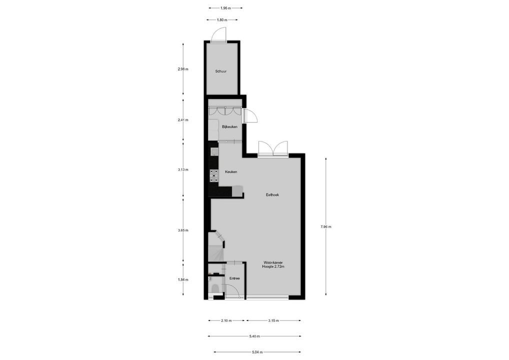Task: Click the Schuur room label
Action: [x=221, y=71]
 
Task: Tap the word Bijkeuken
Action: [x=229, y=127]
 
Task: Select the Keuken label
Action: [x=230, y=171]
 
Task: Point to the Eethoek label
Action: [x=272, y=194]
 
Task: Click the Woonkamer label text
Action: [x=273, y=262]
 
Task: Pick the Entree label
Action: [x=234, y=278]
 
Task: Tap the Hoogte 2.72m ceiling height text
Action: [x=273, y=267]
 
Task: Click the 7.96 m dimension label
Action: [x=326, y=226]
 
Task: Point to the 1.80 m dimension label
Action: [x=221, y=20]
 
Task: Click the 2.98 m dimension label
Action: [x=183, y=69]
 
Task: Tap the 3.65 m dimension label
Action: [x=183, y=230]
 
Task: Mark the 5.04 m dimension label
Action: [x=257, y=352]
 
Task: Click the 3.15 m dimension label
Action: [x=273, y=320]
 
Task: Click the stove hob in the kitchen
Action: [x=214, y=175]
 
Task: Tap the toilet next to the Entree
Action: [x=214, y=287]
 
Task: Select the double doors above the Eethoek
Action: [x=273, y=149]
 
